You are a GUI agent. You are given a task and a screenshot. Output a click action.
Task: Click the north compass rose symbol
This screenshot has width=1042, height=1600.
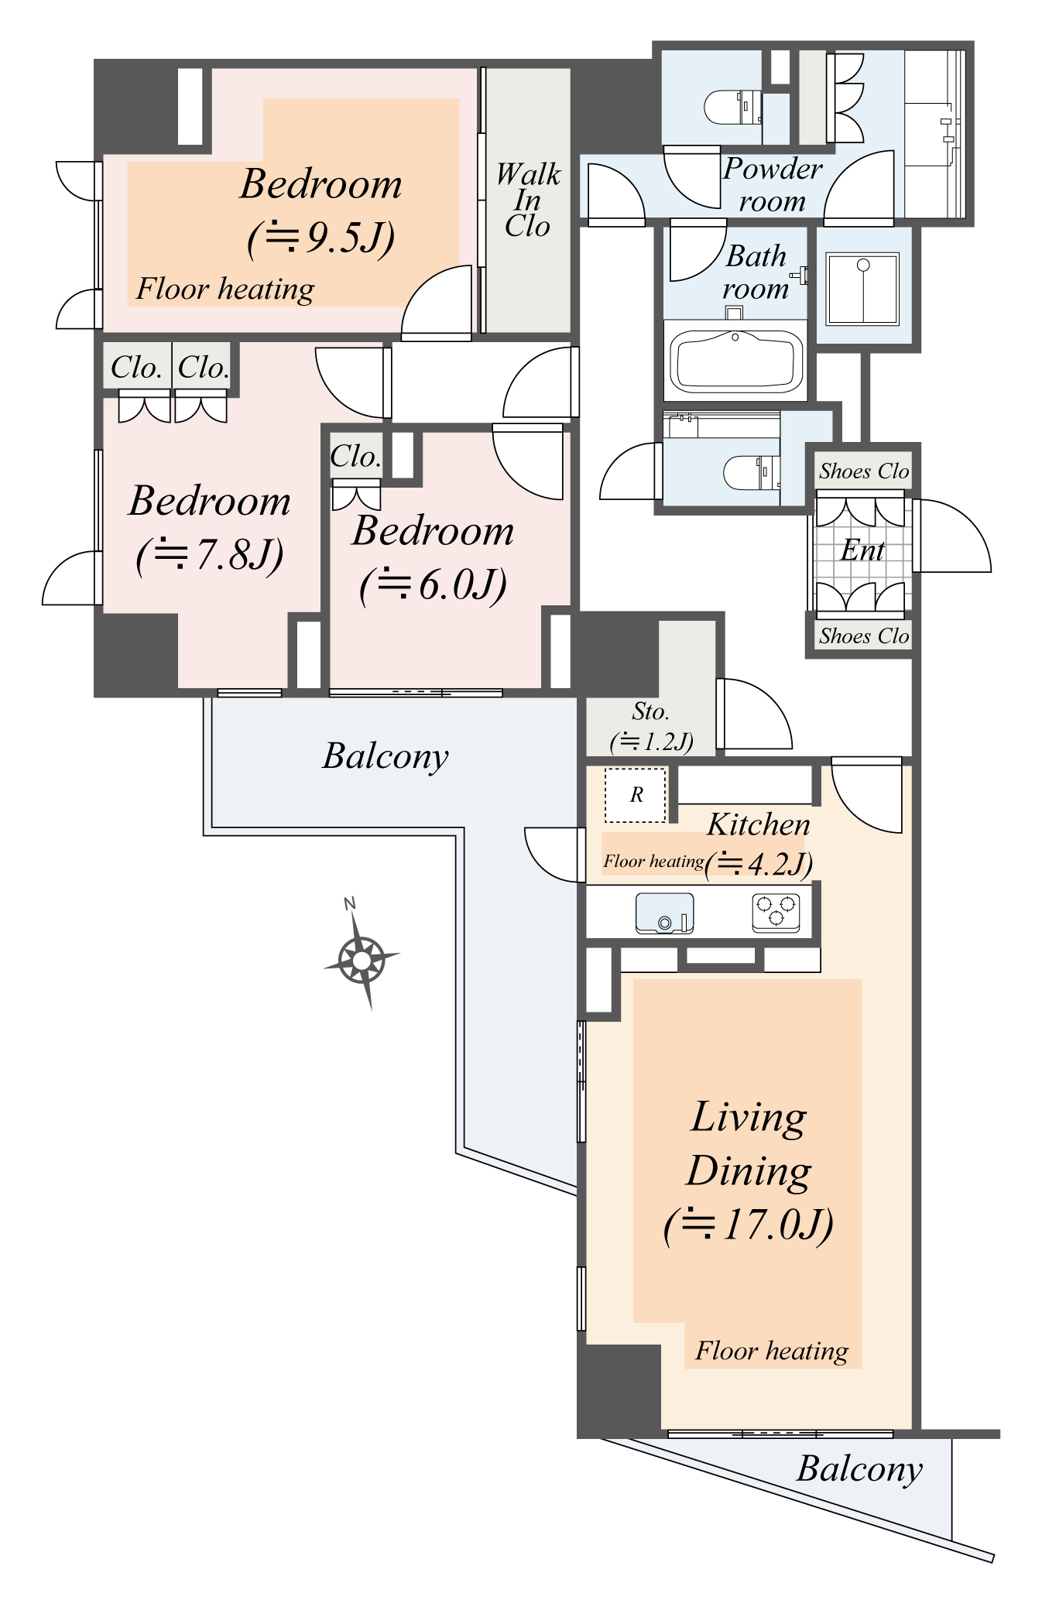[361, 960]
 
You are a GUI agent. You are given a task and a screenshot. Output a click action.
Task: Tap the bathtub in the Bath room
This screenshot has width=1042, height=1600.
[735, 361]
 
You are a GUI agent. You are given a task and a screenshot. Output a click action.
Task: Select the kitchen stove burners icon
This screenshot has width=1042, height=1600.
[776, 912]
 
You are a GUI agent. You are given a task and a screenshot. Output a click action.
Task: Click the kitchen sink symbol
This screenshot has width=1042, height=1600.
[664, 913]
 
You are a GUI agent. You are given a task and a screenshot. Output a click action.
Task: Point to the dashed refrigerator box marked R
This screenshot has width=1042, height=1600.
[635, 795]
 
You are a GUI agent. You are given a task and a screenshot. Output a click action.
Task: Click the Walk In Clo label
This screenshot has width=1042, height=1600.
[528, 200]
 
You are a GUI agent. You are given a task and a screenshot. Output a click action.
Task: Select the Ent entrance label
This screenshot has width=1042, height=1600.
[862, 550]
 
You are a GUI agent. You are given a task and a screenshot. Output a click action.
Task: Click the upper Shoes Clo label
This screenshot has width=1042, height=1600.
[864, 471]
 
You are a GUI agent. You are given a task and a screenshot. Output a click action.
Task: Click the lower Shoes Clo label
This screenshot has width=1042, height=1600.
[864, 636]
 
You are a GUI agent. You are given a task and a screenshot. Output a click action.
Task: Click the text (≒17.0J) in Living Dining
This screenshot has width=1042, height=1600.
[749, 1225]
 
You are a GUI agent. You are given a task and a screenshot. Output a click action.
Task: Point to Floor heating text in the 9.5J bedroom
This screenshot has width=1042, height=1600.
[225, 289]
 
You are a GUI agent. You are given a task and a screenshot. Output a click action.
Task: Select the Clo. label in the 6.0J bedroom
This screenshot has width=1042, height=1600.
[355, 456]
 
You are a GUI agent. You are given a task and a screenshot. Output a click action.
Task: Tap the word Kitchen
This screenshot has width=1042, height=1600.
[758, 824]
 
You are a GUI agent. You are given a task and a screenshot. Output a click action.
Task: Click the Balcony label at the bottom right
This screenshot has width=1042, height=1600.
[859, 1468]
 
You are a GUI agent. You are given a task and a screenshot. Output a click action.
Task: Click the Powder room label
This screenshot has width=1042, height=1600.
[772, 184]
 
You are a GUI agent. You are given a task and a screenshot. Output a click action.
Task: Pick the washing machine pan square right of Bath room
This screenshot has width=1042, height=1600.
[862, 288]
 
